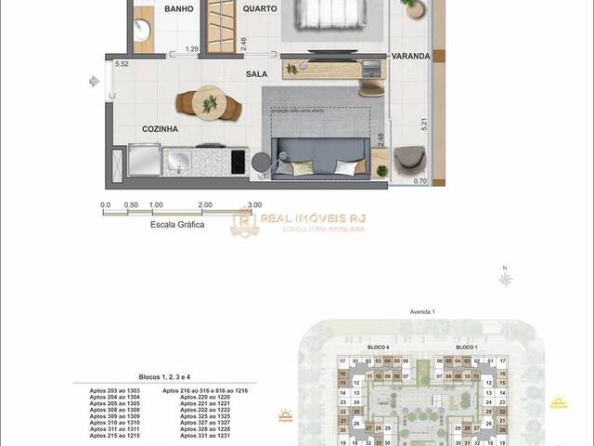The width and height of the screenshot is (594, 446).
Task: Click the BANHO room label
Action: coord(179,8)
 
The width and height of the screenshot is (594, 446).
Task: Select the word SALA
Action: coord(257,72)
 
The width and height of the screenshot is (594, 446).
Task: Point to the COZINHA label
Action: coord(160,129)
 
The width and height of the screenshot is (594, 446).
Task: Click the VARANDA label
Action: coord(410,56)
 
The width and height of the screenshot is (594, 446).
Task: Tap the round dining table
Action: coord(211,102)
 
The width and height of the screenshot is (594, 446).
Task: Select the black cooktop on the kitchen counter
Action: coord(236,162)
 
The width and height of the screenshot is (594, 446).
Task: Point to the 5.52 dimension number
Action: coord(121,64)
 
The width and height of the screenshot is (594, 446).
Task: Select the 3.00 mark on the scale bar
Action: coord(255,205)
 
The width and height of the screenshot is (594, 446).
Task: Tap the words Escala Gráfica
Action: coord(177,224)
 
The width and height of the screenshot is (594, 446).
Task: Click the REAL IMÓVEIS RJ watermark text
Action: coord(313,218)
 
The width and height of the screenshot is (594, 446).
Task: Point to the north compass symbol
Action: coord(506,276)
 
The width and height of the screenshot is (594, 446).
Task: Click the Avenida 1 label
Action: coord(422,311)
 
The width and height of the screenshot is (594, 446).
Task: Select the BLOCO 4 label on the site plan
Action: coord(378,347)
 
